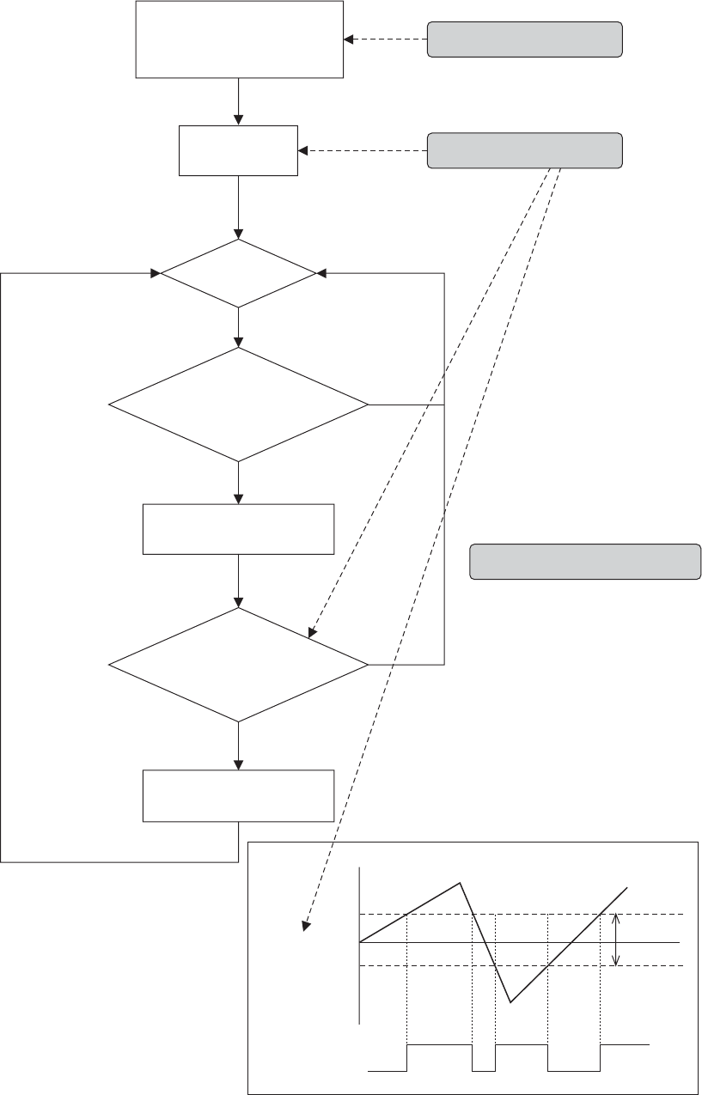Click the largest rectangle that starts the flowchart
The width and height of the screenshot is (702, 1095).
coord(239,40)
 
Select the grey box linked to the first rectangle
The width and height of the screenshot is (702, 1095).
coord(524,40)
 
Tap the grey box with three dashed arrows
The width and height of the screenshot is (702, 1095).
coord(524,150)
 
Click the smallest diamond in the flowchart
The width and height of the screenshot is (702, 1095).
coord(239,274)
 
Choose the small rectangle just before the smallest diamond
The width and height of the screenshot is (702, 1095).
coord(238,150)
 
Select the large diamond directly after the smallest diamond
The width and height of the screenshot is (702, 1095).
coord(238,405)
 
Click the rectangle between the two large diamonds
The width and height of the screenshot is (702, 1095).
coord(238,529)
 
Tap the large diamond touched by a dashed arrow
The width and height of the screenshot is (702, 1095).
coord(238,665)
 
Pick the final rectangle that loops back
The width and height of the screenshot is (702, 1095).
coord(238,796)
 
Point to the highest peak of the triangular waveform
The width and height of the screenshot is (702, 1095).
coord(461,883)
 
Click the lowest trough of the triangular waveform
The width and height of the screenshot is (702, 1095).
coord(511,1001)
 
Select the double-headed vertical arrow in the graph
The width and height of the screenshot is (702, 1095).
coord(616,940)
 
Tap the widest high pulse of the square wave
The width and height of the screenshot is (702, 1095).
coord(439,1045)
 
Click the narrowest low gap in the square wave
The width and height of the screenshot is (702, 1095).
coord(484,1070)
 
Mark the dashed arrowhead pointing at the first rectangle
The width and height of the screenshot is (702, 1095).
coord(348,39)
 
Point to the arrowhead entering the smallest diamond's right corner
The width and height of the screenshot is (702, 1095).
coord(321,274)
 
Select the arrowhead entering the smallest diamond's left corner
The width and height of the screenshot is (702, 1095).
coord(156,274)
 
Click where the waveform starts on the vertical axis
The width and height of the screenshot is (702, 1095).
coord(359,942)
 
